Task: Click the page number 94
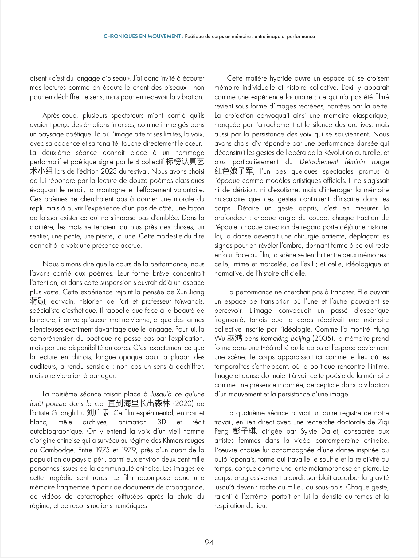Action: click(209, 542)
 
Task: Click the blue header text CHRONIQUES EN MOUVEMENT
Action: click(142, 36)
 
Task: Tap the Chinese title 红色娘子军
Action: click(233, 171)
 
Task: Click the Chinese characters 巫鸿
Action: click(235, 338)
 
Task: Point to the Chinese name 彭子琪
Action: click(244, 431)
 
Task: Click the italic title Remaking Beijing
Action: click(286, 338)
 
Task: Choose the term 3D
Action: click(162, 422)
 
